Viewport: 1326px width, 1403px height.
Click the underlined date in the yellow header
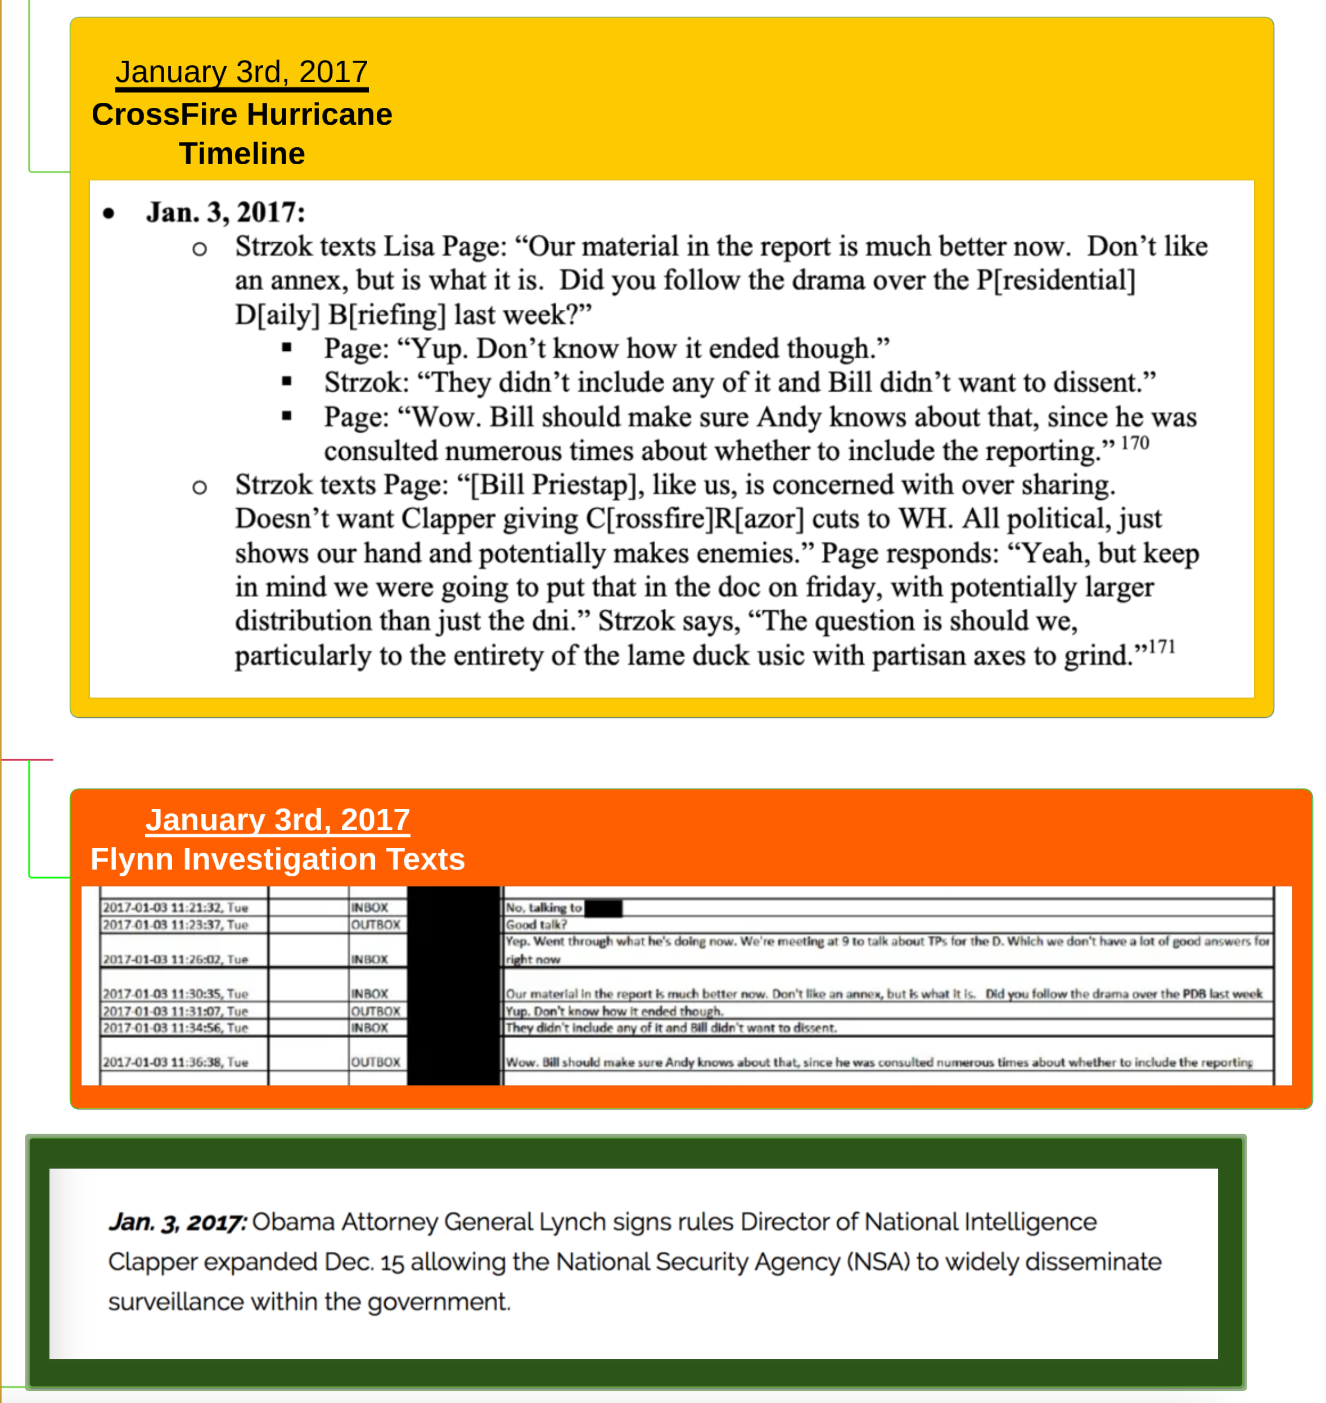point(242,72)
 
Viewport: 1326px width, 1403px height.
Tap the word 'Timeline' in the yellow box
point(242,154)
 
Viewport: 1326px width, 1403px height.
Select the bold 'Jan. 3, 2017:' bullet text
point(225,212)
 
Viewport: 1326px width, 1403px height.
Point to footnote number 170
point(1134,443)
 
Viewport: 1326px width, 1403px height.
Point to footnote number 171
point(1161,647)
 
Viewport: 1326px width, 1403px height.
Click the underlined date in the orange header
point(278,820)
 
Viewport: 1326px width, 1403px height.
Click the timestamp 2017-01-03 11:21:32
point(175,908)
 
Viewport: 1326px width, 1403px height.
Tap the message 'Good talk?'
point(536,925)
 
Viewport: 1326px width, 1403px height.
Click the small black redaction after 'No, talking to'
point(603,908)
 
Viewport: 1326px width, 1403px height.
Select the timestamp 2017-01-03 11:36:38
point(175,1062)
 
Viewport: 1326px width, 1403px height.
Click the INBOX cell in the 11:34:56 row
point(369,1028)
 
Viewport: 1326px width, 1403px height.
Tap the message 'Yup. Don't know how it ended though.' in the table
point(614,1011)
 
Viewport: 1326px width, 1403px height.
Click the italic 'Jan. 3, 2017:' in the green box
point(177,1222)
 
